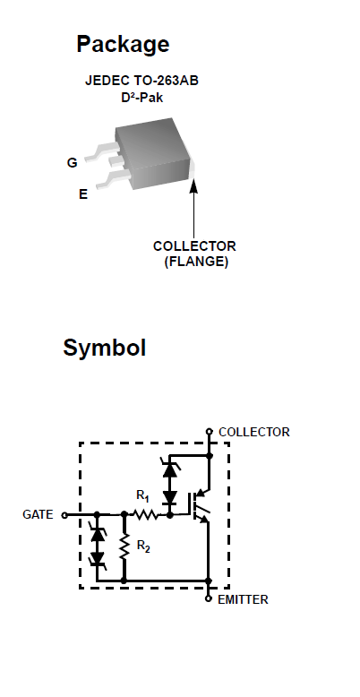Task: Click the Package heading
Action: [123, 45]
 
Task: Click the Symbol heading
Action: [105, 348]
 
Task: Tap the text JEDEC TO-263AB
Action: [141, 81]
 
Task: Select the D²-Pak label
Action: [141, 98]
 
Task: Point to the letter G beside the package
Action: [72, 163]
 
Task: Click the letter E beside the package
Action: [83, 194]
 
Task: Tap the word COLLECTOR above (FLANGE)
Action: [194, 245]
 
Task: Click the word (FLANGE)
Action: [196, 262]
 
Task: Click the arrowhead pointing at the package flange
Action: [193, 185]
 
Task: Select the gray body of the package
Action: [152, 152]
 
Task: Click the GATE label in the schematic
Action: [38, 514]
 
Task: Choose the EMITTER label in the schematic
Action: [243, 599]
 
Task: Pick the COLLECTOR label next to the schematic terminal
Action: [253, 432]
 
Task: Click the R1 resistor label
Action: [142, 495]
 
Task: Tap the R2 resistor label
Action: [143, 546]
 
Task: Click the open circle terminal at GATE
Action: [64, 515]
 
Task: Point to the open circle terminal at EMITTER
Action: [208, 598]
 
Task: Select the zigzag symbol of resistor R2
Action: [124, 546]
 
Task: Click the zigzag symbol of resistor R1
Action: [145, 515]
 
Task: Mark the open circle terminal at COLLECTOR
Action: [210, 431]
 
